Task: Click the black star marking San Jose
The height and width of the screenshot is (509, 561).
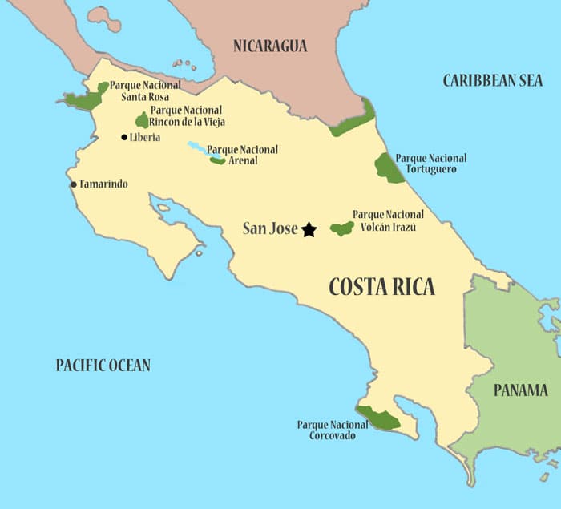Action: coord(309,230)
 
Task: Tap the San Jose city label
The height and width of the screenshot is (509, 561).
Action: coord(270,229)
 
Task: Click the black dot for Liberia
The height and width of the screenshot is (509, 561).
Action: coord(124,138)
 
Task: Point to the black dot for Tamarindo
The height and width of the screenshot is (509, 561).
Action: coord(73,184)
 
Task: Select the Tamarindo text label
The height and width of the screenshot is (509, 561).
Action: coord(103,184)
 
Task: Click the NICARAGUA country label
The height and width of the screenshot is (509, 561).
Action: coord(270,46)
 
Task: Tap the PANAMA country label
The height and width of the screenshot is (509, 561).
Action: coord(521,390)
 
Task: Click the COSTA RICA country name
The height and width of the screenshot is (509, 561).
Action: coord(381,286)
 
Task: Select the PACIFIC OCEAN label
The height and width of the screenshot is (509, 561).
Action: coord(103,366)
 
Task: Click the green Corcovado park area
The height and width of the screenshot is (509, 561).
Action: coord(378,418)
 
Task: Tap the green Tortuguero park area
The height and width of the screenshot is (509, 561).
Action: coord(389,168)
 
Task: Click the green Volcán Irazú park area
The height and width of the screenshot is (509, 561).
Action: coord(342,228)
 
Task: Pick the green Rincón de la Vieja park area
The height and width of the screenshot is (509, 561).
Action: coord(143,120)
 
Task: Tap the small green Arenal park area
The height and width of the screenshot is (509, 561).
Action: coord(217,160)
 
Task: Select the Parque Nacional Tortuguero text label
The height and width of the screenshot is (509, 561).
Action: coord(431,164)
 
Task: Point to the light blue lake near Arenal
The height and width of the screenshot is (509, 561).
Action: coord(199,148)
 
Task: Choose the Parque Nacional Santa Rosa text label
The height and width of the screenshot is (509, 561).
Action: coord(145,91)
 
